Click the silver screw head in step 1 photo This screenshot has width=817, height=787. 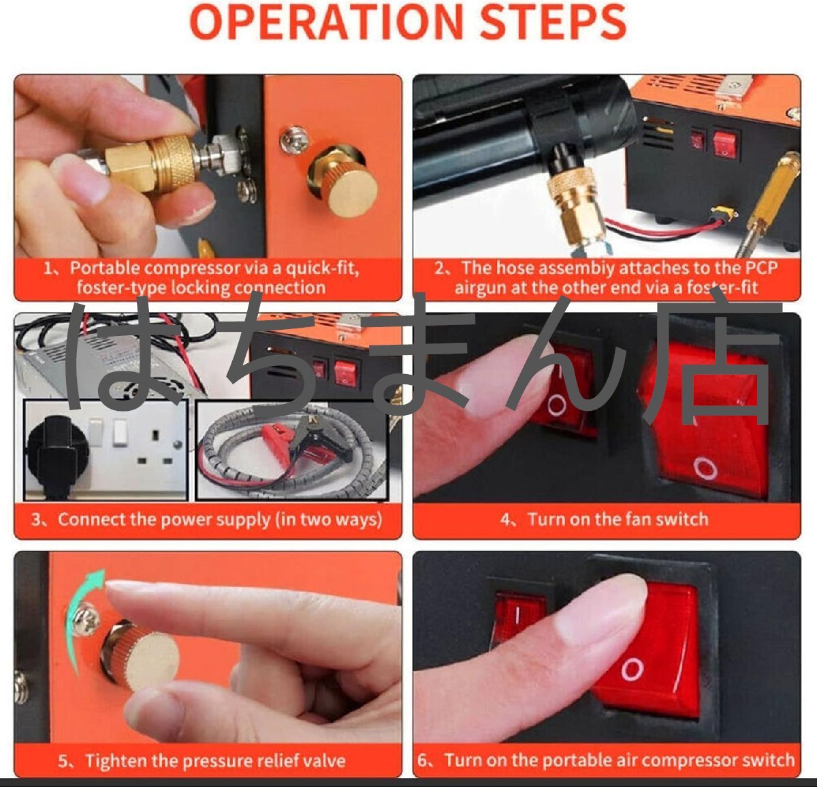point(294,139)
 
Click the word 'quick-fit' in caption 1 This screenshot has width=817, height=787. point(322,268)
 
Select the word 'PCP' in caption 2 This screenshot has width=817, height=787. point(761,268)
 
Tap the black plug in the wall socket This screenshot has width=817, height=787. point(57,455)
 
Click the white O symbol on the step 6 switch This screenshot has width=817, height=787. point(632,669)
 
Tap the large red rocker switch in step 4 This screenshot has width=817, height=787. point(705,420)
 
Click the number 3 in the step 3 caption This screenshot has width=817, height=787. point(37,520)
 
